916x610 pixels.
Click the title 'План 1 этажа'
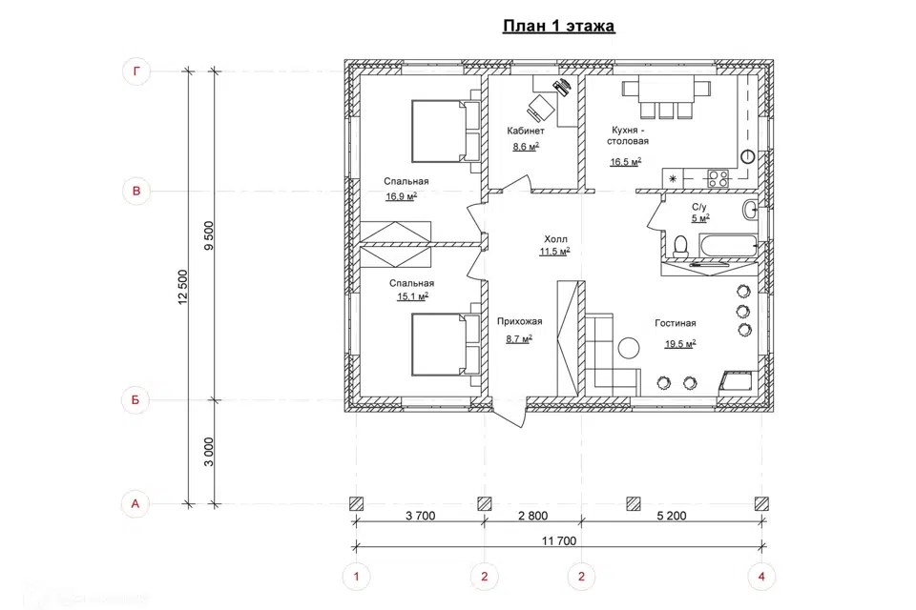(x=558, y=27)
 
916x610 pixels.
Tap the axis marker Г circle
(x=136, y=71)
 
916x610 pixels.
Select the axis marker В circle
(x=136, y=191)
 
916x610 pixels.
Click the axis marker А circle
(x=135, y=504)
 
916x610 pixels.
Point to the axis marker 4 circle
(x=761, y=577)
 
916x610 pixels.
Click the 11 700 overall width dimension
(x=559, y=541)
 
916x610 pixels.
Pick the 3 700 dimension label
(x=421, y=516)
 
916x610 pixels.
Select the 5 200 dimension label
(x=672, y=516)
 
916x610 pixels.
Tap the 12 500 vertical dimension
(x=183, y=287)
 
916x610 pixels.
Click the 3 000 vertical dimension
(x=209, y=452)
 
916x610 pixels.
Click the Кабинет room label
(x=526, y=132)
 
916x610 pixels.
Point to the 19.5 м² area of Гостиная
(x=680, y=344)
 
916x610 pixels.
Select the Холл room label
(x=555, y=239)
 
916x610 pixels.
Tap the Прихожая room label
(x=519, y=321)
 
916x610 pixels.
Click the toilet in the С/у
(x=680, y=246)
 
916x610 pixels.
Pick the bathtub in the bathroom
(x=727, y=245)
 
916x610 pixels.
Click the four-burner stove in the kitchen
(x=718, y=178)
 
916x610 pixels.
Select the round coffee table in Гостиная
(x=629, y=349)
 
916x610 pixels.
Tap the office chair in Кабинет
(x=540, y=108)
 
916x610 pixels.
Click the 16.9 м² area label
(x=402, y=196)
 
